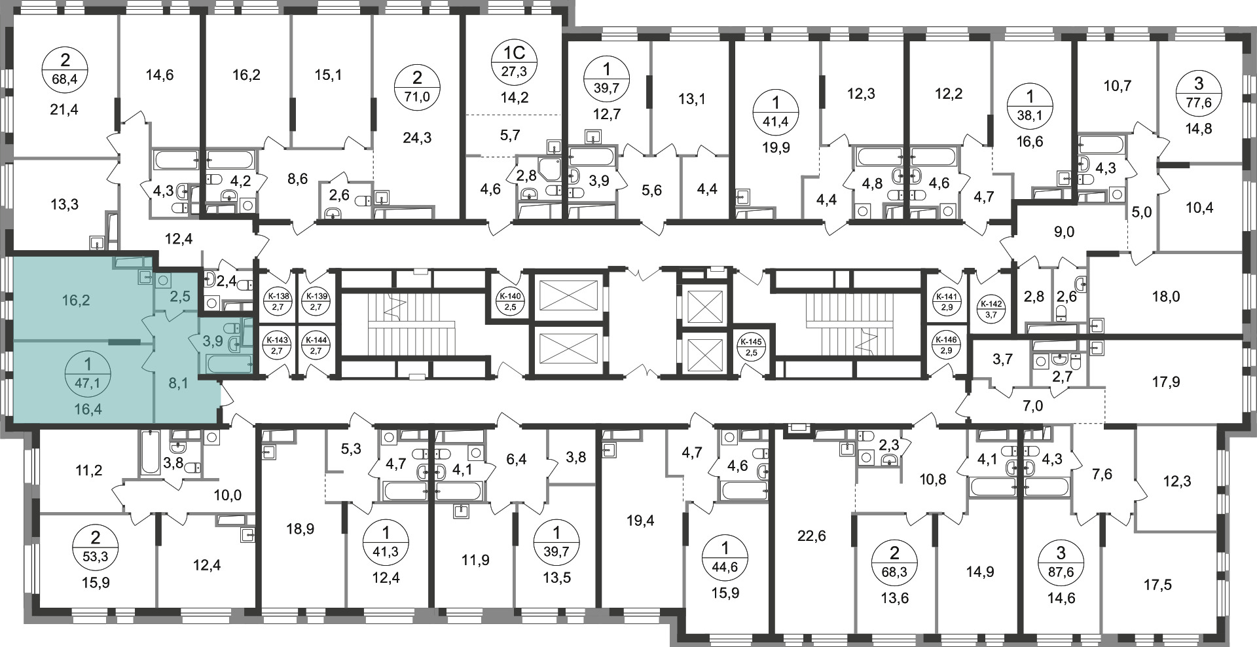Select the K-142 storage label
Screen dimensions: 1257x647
(x=990, y=308)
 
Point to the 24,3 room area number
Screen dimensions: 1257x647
(x=418, y=138)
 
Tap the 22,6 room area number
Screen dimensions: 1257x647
(x=812, y=536)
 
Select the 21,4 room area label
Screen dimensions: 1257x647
(x=64, y=109)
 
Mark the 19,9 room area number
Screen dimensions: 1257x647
(x=776, y=147)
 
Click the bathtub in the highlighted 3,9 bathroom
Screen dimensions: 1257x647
(x=229, y=363)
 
